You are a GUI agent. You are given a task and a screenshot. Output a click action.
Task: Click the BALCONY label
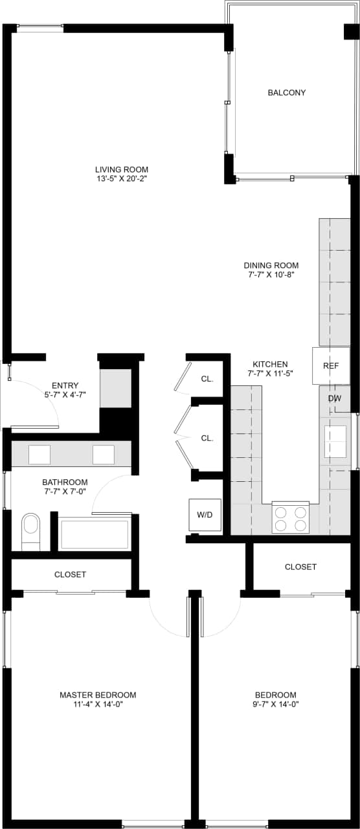click(286, 93)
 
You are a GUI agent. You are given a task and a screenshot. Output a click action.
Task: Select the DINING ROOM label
click(271, 266)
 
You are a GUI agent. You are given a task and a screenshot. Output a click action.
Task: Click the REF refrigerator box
click(331, 366)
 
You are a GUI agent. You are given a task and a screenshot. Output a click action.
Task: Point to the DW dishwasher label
click(334, 398)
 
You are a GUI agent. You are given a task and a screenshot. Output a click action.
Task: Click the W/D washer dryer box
click(205, 516)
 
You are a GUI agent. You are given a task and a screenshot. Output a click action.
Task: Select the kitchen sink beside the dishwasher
click(335, 442)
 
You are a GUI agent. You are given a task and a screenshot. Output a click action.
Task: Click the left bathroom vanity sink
click(39, 455)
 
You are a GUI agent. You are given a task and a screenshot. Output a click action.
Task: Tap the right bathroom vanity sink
click(103, 455)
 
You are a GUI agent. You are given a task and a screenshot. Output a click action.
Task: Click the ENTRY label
click(65, 385)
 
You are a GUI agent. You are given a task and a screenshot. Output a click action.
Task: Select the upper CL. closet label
click(207, 380)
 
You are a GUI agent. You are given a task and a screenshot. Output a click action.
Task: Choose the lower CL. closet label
click(207, 438)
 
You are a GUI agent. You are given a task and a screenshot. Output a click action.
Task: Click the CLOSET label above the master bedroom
click(70, 574)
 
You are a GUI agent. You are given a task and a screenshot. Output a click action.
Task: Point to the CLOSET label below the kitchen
click(300, 567)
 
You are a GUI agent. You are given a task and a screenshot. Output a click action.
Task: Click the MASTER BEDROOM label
click(98, 695)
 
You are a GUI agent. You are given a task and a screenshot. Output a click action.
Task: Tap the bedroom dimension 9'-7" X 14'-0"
click(275, 705)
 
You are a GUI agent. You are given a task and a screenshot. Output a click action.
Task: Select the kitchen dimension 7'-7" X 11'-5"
click(270, 374)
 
